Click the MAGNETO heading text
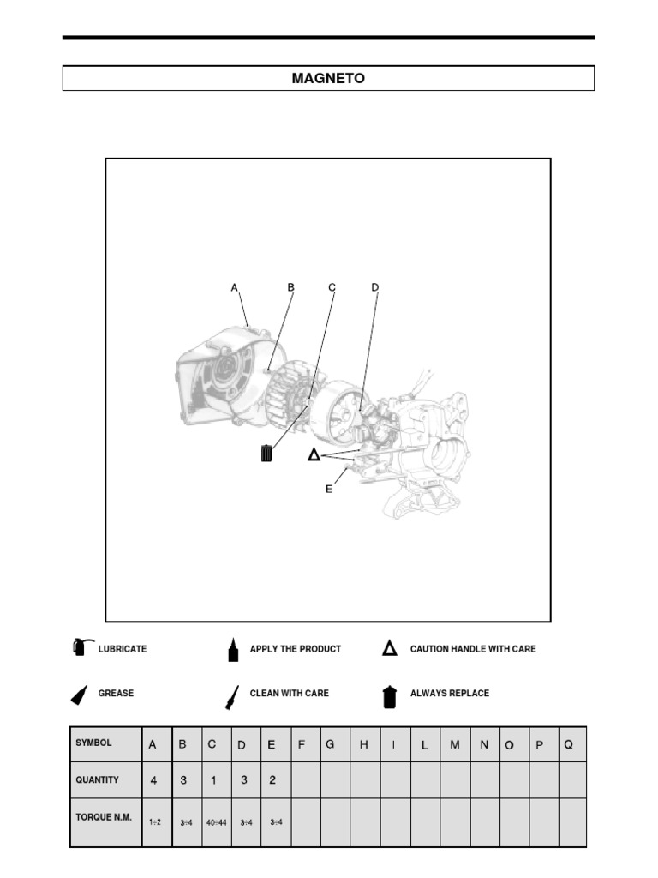click(x=328, y=79)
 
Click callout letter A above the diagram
click(x=234, y=288)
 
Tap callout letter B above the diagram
click(x=291, y=288)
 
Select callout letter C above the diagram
click(x=332, y=288)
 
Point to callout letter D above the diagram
click(x=374, y=288)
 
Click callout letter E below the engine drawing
click(x=328, y=489)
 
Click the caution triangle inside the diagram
click(x=314, y=454)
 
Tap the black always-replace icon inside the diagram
click(x=266, y=453)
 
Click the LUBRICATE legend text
click(x=123, y=649)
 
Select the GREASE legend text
click(x=116, y=693)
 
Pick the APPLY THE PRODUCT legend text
click(x=295, y=649)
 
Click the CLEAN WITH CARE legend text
click(x=289, y=693)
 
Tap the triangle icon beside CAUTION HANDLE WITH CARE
click(x=389, y=649)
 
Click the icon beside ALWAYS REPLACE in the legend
click(x=390, y=696)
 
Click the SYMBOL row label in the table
click(x=94, y=743)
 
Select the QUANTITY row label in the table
click(x=97, y=780)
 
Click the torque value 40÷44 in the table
click(x=216, y=823)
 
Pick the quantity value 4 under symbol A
click(x=153, y=781)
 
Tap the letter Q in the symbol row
click(x=568, y=745)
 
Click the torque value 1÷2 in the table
click(x=155, y=822)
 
